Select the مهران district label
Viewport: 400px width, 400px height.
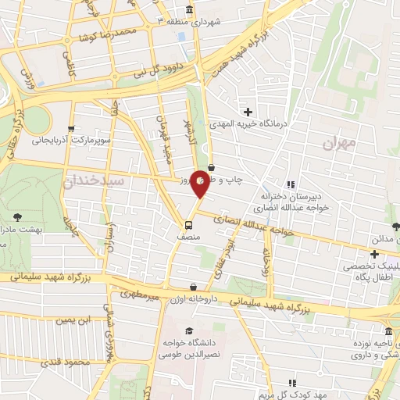[338, 144]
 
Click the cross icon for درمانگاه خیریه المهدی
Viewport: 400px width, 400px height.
[248, 112]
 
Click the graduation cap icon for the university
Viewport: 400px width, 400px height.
[188, 331]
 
